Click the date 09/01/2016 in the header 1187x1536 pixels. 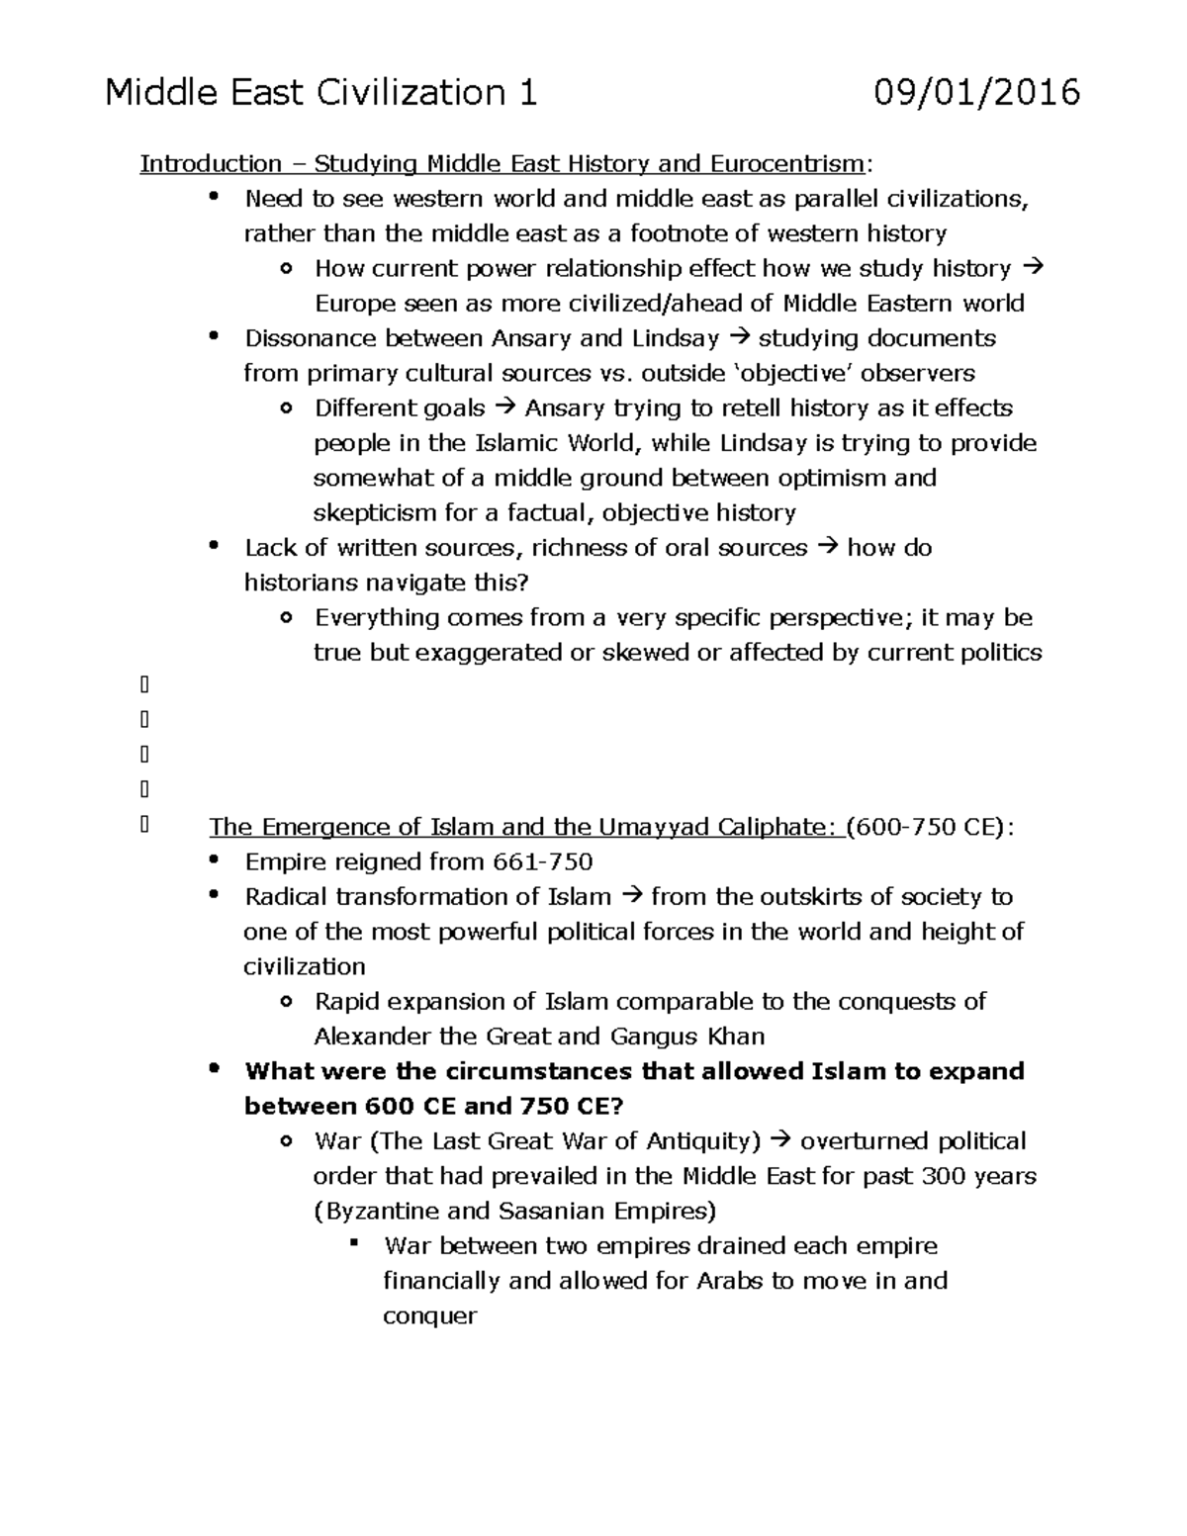[x=976, y=93]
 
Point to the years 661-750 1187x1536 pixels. [x=542, y=861]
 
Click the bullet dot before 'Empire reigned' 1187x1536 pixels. [x=214, y=860]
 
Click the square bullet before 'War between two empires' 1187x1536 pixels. [x=353, y=1243]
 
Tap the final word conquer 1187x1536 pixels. [x=429, y=1316]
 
